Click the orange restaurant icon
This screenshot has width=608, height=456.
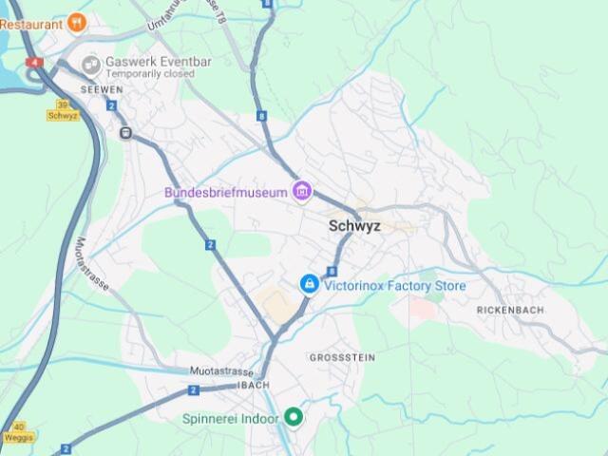(77, 22)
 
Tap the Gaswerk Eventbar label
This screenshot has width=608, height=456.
(159, 62)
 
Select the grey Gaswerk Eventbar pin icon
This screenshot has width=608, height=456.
(91, 66)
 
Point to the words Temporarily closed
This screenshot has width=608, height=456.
(150, 74)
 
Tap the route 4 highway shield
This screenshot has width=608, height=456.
(35, 62)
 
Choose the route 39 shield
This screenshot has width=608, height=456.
(63, 104)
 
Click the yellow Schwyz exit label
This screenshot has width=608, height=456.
(62, 115)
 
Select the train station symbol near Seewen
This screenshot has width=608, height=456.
(125, 133)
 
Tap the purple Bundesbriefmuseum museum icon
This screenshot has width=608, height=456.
(302, 193)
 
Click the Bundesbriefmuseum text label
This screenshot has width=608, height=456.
(226, 193)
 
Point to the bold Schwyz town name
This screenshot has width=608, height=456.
(354, 226)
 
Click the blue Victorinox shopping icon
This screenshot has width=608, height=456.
(309, 284)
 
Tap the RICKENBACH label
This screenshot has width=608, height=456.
(509, 311)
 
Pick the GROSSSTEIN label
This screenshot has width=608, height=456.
(342, 357)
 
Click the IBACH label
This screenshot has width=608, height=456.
(256, 385)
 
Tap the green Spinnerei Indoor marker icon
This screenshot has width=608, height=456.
(294, 417)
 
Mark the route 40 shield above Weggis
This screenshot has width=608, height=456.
(19, 427)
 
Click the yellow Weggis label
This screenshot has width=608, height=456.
(19, 438)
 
